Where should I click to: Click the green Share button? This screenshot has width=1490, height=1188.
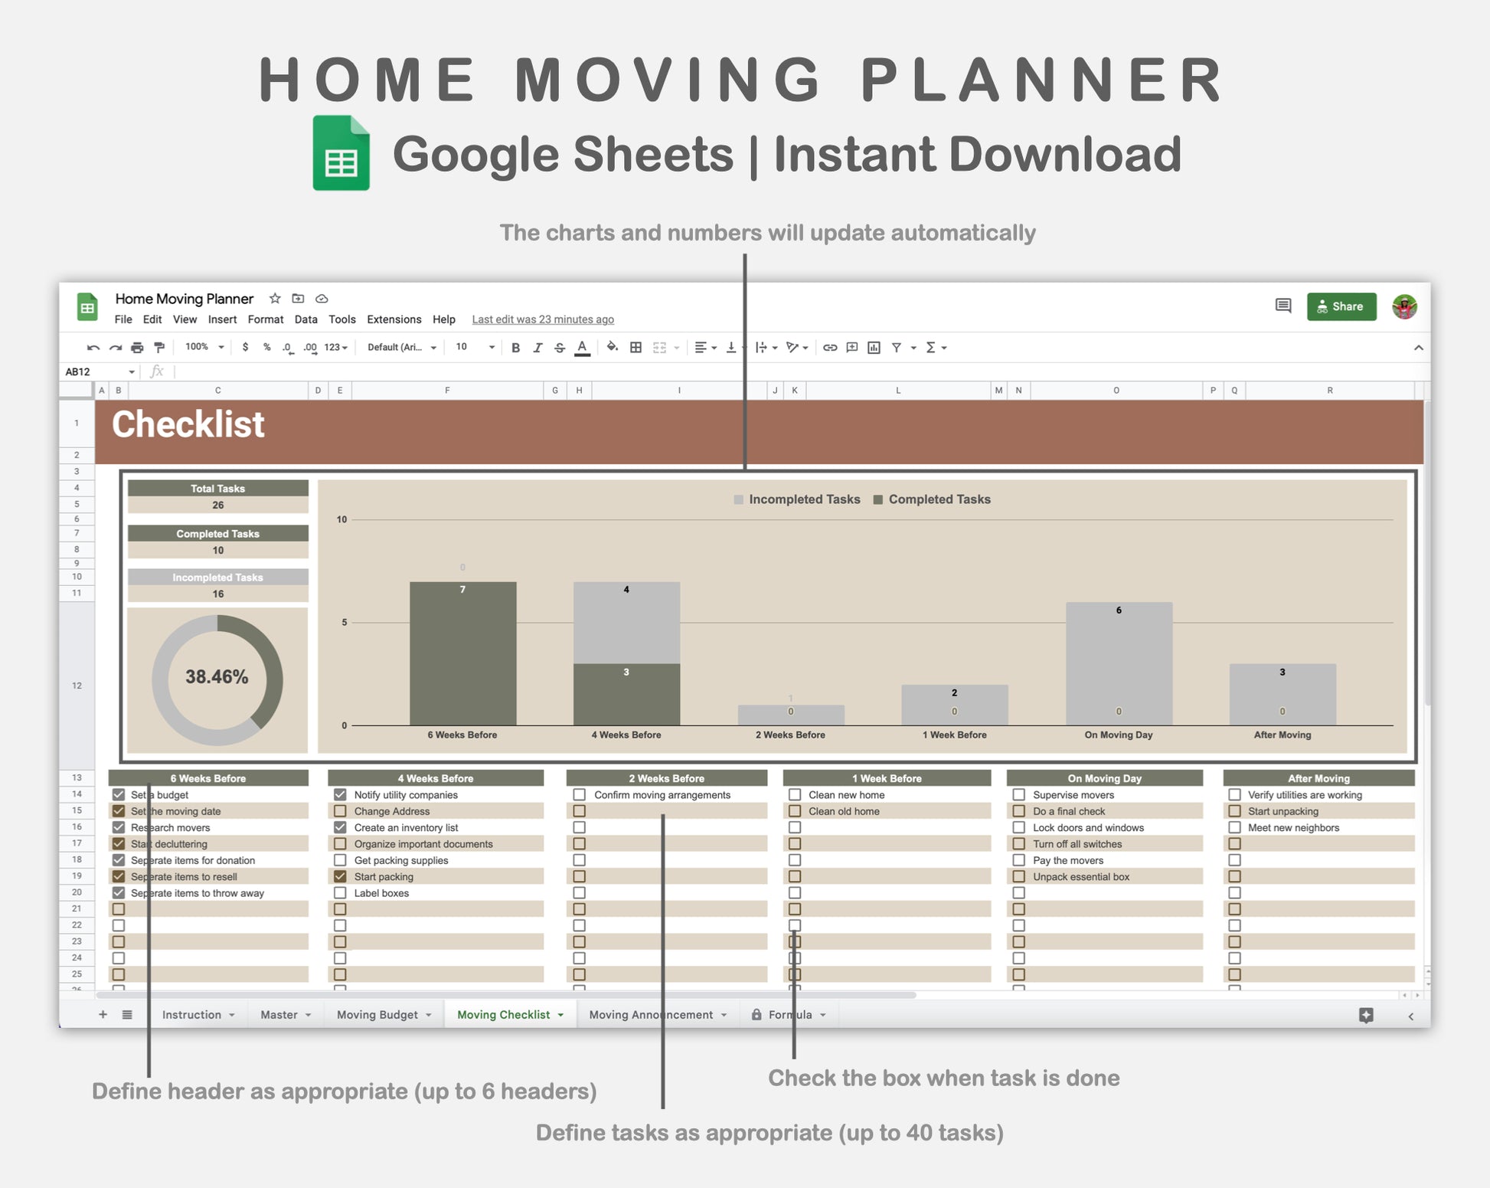(x=1341, y=306)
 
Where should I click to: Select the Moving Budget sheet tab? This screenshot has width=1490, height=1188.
(x=377, y=1014)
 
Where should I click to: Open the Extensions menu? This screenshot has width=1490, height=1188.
(x=394, y=319)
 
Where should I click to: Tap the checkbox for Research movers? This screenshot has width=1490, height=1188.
(x=119, y=827)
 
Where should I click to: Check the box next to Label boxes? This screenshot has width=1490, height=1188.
(x=340, y=892)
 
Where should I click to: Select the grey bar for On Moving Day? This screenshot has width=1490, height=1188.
(x=1119, y=663)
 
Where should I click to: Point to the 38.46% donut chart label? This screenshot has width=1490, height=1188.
(x=217, y=677)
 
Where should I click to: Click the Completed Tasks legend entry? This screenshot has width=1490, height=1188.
(x=932, y=499)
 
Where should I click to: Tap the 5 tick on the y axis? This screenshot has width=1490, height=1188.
(x=344, y=622)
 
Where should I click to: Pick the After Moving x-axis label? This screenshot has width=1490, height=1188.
(x=1283, y=735)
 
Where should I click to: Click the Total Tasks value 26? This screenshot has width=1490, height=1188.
(x=218, y=506)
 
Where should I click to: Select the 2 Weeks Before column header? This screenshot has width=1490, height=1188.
(x=667, y=778)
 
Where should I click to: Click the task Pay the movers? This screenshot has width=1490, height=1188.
(x=1068, y=860)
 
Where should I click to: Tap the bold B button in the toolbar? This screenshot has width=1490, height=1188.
(x=515, y=348)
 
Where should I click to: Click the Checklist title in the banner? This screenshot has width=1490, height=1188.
(x=188, y=424)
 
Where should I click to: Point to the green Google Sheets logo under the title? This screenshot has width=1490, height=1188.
(x=341, y=152)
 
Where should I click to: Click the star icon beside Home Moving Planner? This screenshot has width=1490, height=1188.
(x=275, y=298)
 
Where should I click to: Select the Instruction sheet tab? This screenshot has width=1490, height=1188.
(x=191, y=1014)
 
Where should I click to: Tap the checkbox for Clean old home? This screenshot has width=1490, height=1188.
(x=795, y=811)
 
